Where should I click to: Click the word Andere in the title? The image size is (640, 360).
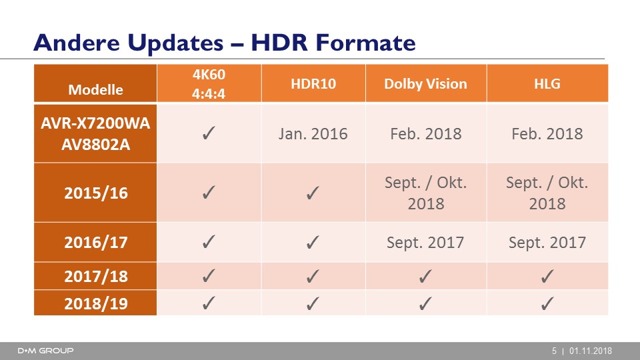77,43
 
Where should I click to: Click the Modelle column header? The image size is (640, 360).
95,89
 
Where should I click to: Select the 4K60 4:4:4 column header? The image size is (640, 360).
209,84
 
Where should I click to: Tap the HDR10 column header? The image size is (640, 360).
313,84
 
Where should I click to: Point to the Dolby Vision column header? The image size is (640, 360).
425,84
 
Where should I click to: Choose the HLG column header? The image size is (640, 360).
547,84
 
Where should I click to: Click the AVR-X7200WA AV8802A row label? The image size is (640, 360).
95,133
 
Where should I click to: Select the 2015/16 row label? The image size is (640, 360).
95,193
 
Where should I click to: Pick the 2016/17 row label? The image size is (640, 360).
95,243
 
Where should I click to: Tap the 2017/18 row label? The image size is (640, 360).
95,276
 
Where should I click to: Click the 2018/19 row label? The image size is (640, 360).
95,303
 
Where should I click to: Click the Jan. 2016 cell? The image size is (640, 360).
313,134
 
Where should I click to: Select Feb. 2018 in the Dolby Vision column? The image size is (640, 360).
426,134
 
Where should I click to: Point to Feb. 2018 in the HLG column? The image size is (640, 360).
547,134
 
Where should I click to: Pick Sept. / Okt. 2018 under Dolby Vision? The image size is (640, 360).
426,193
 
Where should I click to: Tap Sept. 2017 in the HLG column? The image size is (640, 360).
547,243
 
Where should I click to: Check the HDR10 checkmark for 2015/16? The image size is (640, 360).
313,193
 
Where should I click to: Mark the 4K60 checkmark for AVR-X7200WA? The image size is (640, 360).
209,133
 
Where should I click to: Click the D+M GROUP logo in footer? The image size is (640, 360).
45,351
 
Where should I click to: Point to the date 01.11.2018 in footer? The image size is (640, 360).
591,351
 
